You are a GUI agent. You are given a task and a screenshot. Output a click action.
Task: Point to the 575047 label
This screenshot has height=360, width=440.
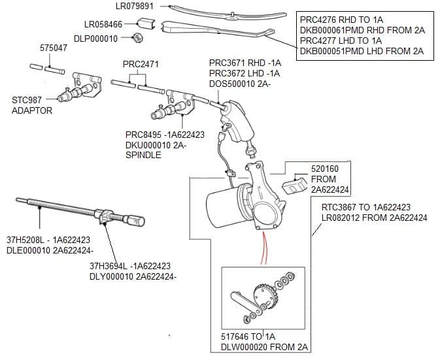click(53, 49)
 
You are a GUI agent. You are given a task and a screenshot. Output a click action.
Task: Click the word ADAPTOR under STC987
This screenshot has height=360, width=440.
click(31, 110)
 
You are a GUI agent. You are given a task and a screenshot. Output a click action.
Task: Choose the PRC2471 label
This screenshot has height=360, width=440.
click(141, 64)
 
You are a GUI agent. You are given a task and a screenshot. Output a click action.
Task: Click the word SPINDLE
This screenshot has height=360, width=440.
click(144, 155)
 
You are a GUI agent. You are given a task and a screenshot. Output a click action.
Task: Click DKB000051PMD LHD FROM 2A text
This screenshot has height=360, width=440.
click(362, 51)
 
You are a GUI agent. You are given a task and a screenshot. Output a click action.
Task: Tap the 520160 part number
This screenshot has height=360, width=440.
click(324, 169)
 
